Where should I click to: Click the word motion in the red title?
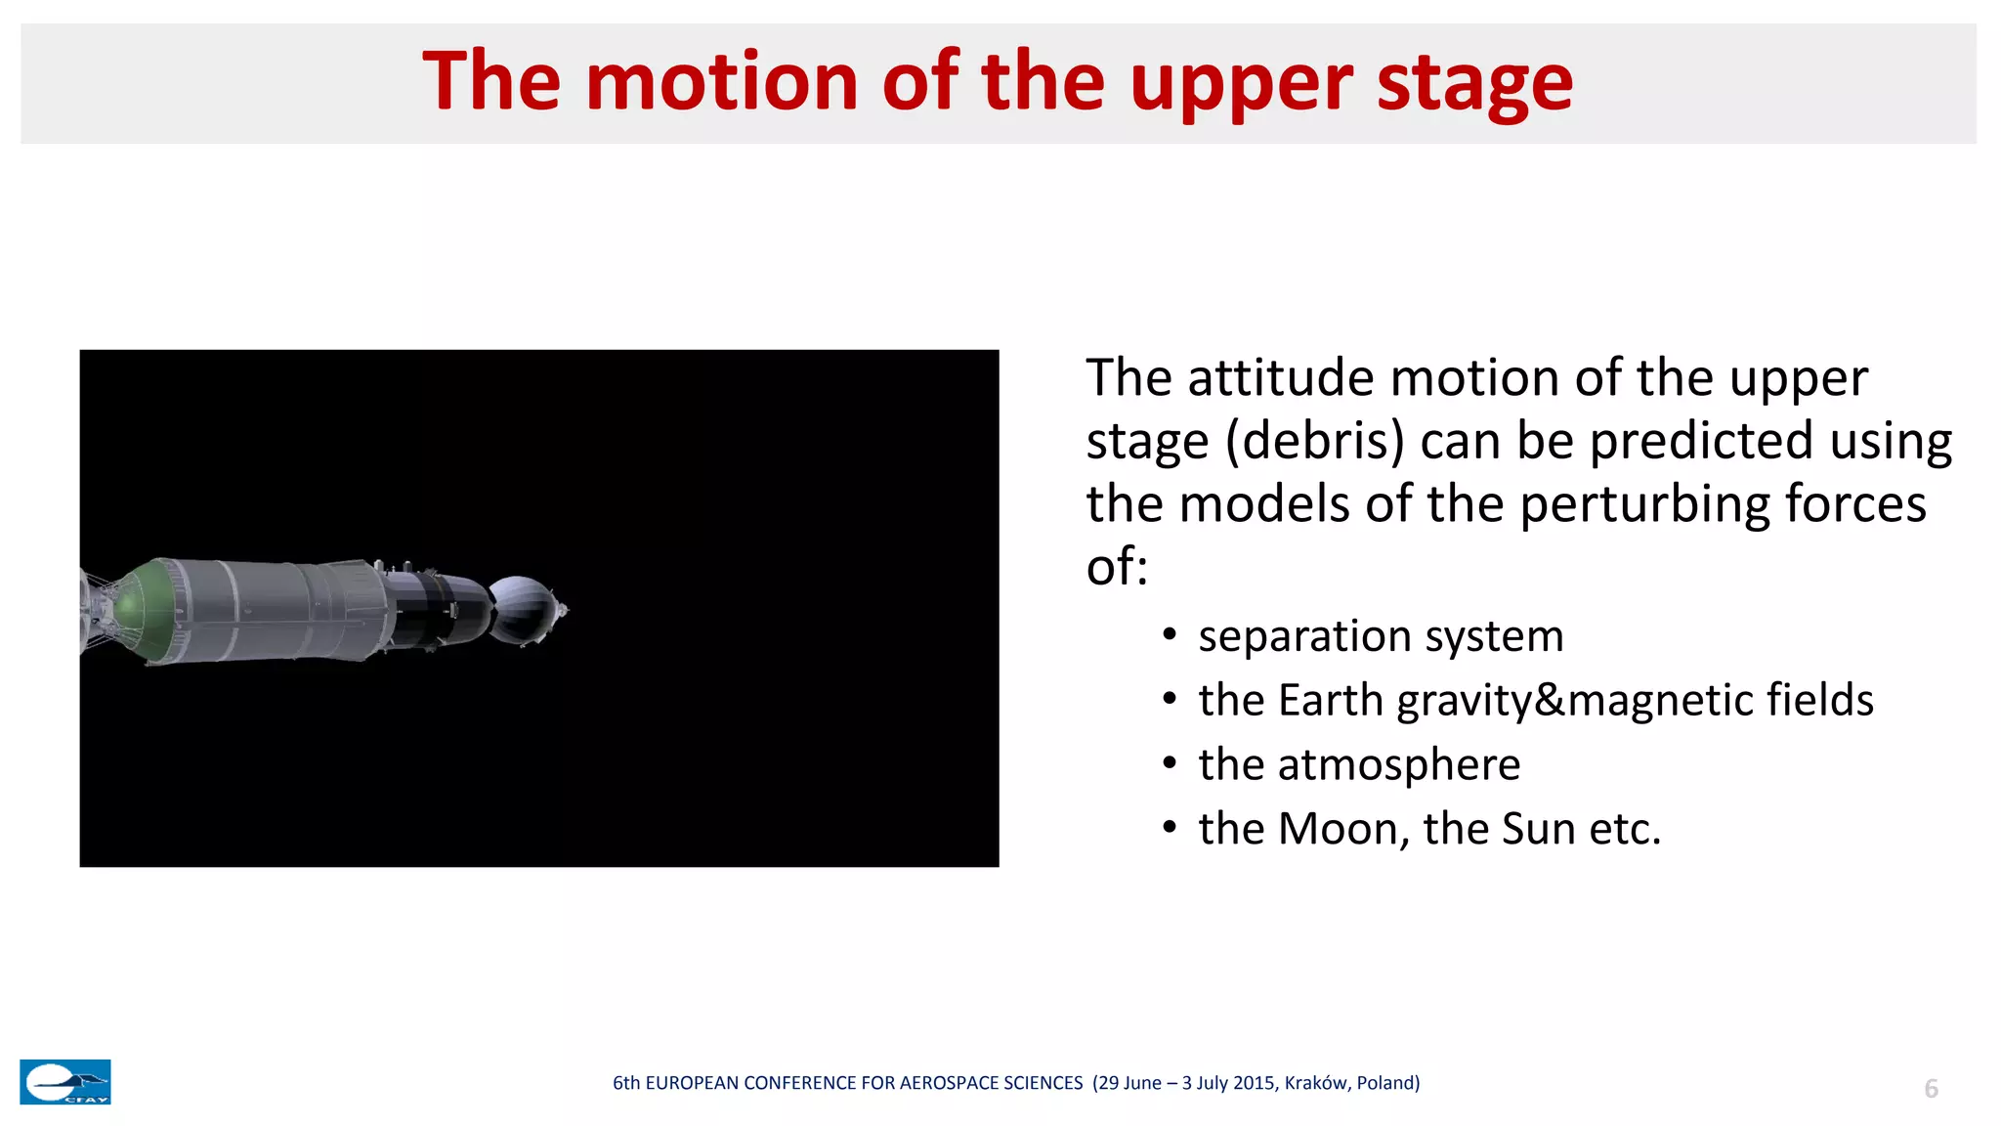[x=721, y=82]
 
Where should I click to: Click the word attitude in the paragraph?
[x=1280, y=378]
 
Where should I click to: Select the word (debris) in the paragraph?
[x=1314, y=442]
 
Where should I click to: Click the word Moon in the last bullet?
[x=1341, y=829]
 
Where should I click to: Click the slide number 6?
[x=1931, y=1089]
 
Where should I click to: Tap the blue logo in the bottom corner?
[x=65, y=1082]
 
